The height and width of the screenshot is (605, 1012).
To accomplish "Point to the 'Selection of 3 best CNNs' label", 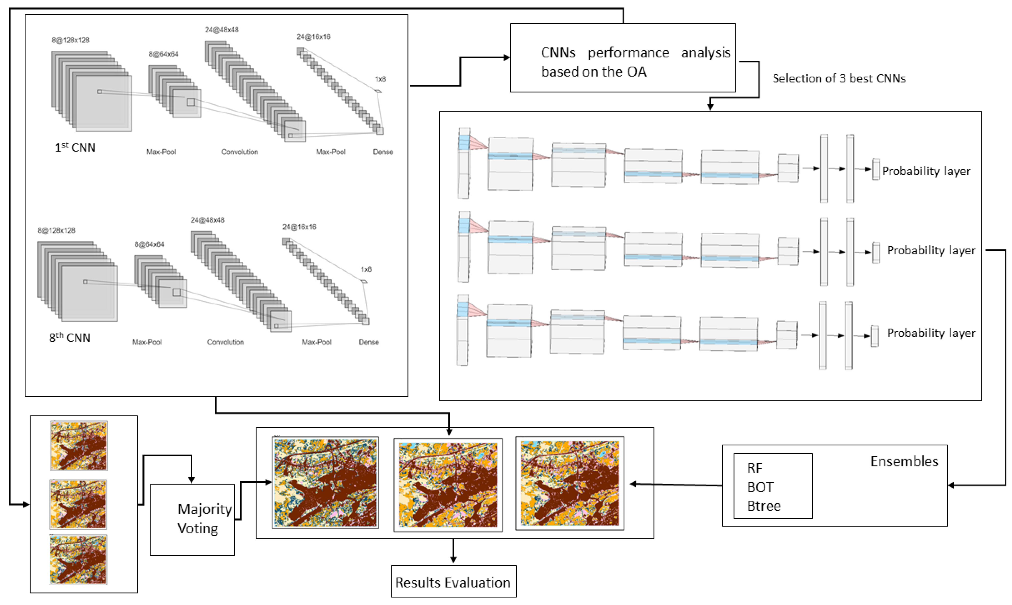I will pos(838,78).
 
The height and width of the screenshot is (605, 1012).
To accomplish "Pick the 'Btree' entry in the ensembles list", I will pos(764,506).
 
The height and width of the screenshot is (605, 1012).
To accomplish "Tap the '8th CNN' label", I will pos(69,338).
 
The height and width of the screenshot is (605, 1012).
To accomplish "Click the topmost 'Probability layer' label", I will pos(926,171).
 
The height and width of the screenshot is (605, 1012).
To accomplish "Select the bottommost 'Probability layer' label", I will pos(931,333).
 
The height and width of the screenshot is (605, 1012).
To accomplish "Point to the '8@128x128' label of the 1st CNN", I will pos(70,40).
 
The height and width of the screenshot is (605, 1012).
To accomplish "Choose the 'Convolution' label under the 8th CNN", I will pos(225,342).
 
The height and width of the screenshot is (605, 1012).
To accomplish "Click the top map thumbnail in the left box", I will pos(79,446).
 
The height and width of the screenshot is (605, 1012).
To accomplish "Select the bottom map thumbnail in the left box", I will pos(78,559).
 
